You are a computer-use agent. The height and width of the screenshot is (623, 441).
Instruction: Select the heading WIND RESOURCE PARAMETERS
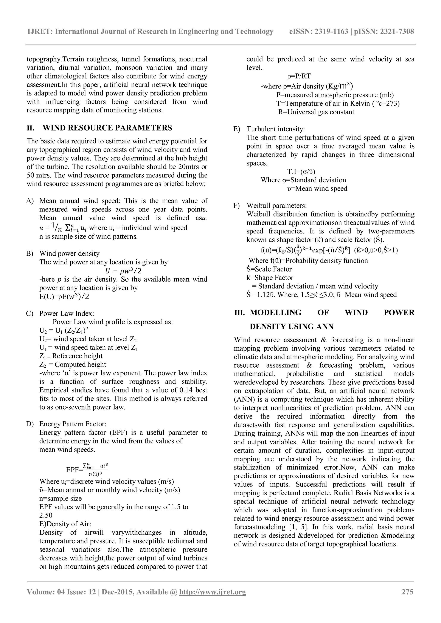(107, 128)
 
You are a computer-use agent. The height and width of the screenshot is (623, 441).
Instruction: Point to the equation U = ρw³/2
(123, 271)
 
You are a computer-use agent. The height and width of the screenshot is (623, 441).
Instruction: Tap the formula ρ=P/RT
(299, 76)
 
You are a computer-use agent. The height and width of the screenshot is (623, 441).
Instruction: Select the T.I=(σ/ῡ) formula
(301, 172)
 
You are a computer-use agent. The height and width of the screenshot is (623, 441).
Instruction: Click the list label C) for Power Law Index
(30, 313)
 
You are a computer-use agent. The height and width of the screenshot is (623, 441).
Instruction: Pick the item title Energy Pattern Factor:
(73, 424)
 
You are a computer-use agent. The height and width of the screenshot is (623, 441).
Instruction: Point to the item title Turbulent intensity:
(276, 129)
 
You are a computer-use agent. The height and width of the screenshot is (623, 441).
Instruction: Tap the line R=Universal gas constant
(316, 112)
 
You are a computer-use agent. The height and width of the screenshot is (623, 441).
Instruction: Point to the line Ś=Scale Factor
(269, 269)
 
